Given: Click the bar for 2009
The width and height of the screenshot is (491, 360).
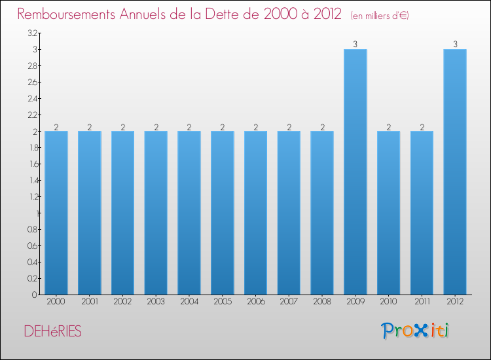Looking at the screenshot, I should (x=355, y=171).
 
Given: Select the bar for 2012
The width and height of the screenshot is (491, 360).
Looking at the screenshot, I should (x=455, y=171).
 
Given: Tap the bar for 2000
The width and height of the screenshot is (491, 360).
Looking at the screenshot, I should (x=56, y=213).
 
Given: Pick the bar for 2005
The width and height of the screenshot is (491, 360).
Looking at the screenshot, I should (x=223, y=213).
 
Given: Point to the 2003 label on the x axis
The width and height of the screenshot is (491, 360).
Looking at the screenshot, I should (x=156, y=302).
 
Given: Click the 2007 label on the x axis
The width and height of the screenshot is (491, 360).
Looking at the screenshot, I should (x=289, y=302).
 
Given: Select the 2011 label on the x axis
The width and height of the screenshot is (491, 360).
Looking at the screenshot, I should (x=422, y=302).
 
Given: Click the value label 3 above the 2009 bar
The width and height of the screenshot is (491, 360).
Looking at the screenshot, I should (x=355, y=45).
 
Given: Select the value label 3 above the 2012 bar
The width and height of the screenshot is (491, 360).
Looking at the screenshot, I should (x=455, y=45).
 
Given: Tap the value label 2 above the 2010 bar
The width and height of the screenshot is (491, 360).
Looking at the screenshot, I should (x=389, y=127).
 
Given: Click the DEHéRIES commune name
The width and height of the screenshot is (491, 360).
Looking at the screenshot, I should (x=53, y=332).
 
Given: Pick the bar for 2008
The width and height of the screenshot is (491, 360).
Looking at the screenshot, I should (x=322, y=213).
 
